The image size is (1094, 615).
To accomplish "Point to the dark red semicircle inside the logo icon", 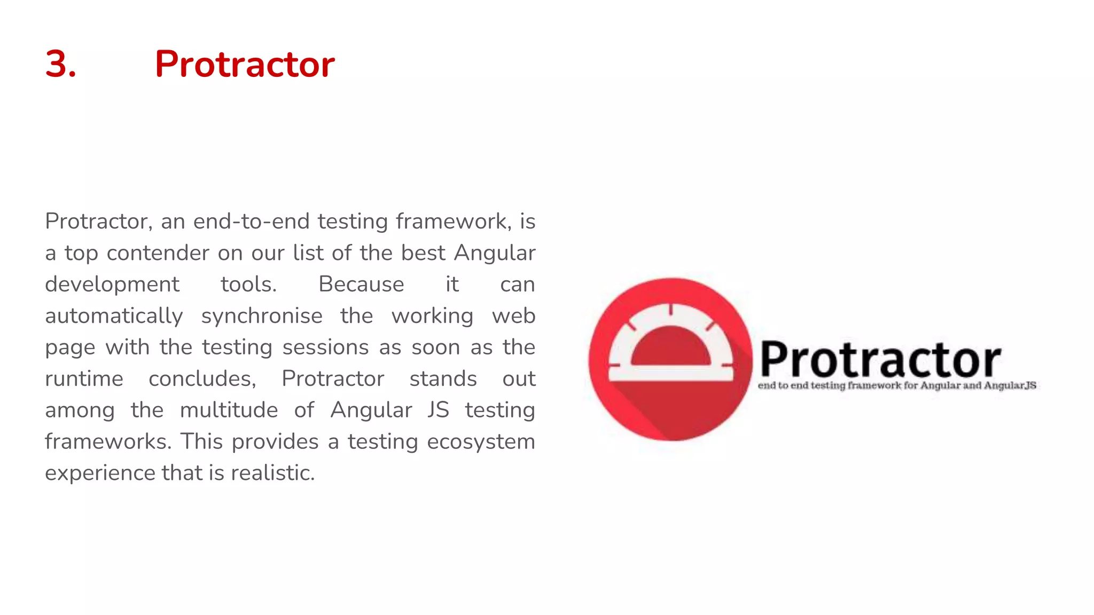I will pos(671,347).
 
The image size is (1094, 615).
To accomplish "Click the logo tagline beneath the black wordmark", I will pos(896,385).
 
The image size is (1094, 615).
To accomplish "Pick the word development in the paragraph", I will pos(112,285).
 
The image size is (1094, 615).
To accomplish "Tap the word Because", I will pos(361,285).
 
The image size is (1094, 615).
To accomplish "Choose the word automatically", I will pos(114,316).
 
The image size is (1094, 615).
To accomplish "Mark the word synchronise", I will pos(262,316).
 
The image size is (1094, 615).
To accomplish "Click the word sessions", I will pos(325,348).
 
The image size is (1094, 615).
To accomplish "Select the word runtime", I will pos(84,379).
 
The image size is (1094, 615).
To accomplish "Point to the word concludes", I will pos(202,379).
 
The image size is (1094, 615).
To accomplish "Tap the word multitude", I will pos(229,411).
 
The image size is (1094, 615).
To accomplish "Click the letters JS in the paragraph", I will pos(438,411).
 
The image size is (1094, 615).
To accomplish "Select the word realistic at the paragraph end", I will pos(272,473).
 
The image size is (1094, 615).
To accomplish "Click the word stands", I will pos(443,379).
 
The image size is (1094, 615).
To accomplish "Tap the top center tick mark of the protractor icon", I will pos(671,310).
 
